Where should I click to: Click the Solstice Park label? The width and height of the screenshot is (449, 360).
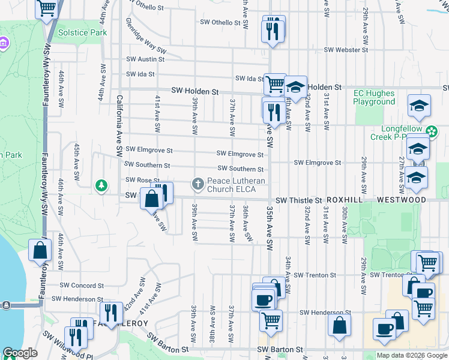[x=83, y=32]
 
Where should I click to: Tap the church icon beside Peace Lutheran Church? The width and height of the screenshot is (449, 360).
[x=197, y=183]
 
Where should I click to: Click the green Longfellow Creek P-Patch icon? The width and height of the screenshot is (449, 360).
[x=430, y=131]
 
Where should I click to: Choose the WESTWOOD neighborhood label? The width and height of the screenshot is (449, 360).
[x=402, y=200]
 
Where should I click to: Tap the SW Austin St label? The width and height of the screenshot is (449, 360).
[x=145, y=59]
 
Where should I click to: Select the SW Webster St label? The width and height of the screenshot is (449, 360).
[x=345, y=50]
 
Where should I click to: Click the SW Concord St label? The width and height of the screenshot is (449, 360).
[x=82, y=286]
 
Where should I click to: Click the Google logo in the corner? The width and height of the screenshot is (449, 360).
[x=20, y=353]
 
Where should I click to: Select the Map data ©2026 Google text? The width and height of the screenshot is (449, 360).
[x=412, y=355]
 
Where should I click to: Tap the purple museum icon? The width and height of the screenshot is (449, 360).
[x=4, y=44]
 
